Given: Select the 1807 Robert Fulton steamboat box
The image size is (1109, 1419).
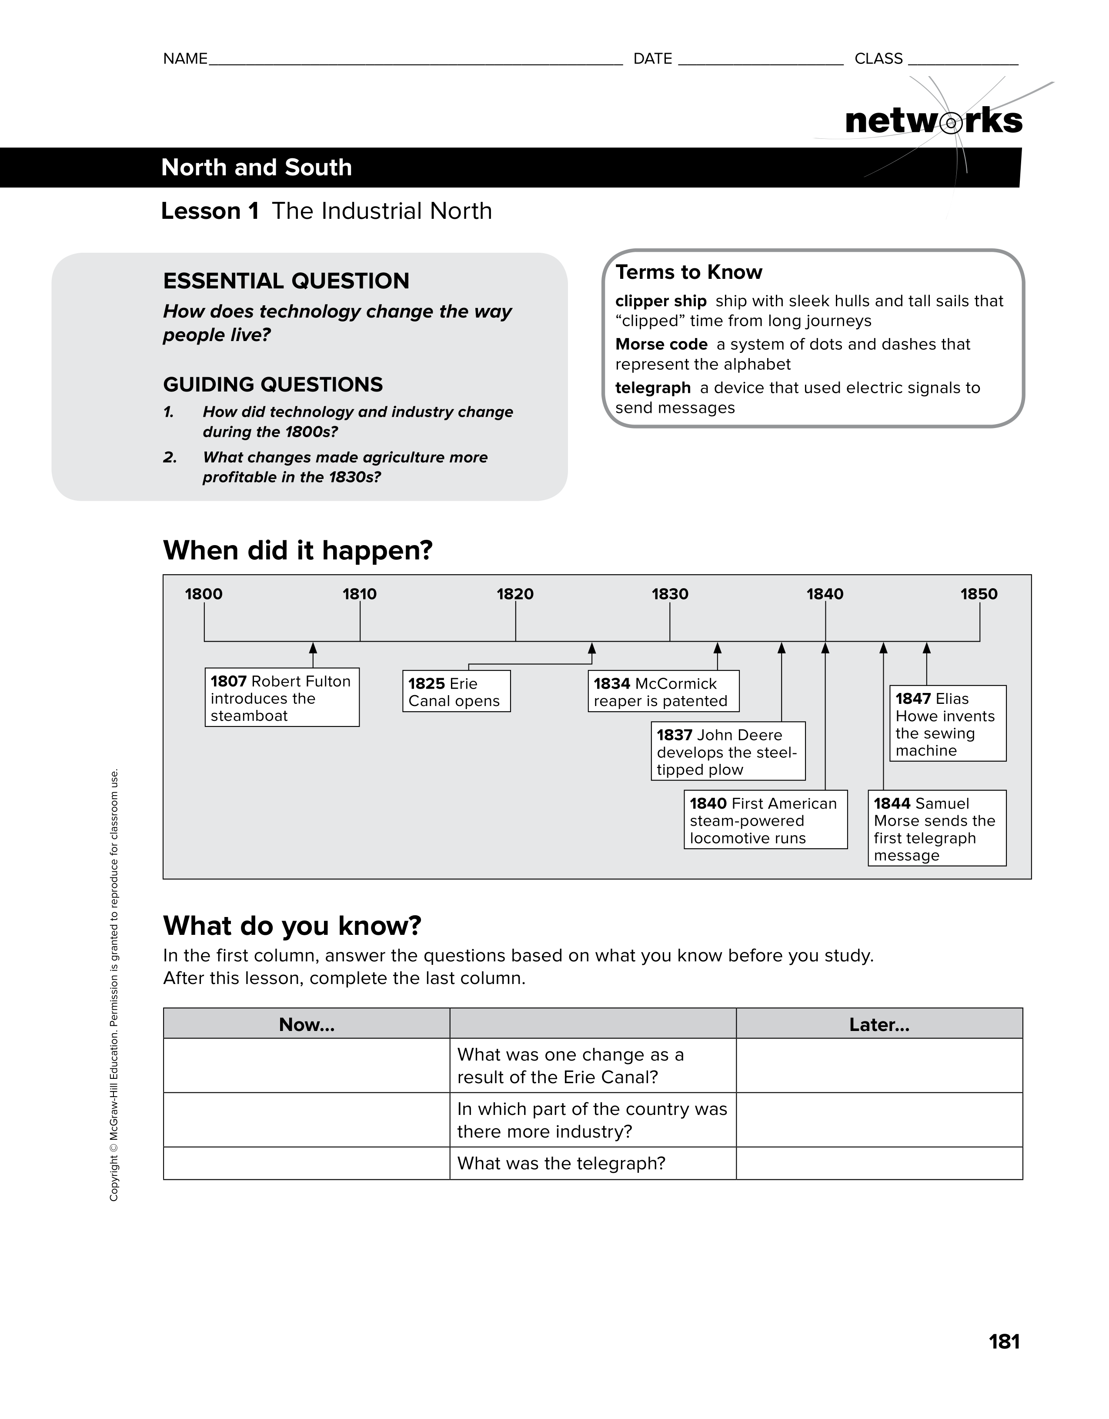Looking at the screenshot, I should [282, 698].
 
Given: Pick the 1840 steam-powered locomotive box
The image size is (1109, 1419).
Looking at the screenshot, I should [765, 820].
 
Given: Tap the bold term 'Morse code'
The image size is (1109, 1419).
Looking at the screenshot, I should [661, 345].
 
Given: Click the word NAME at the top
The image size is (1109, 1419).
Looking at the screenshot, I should [185, 59].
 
